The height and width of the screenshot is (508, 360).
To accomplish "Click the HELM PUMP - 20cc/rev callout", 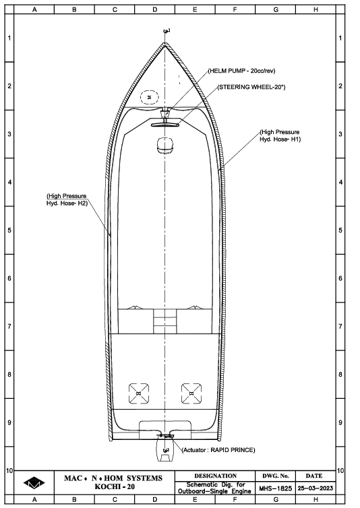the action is (241, 71).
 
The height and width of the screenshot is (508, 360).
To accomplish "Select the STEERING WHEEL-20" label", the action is (251, 87).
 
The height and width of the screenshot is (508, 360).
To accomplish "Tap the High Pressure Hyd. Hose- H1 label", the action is (280, 135).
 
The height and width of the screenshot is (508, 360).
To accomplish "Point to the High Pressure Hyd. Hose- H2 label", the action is (67, 199).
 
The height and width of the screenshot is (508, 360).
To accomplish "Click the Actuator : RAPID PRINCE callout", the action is (218, 450).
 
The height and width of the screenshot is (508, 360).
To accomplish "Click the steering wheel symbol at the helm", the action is (165, 125).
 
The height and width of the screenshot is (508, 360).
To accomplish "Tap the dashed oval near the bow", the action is (149, 97).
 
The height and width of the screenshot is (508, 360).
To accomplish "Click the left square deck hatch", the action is (139, 393).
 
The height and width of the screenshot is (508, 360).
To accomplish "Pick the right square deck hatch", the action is (191, 393).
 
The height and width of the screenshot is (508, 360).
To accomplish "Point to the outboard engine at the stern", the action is (165, 448).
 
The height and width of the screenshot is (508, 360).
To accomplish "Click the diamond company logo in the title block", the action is (34, 483).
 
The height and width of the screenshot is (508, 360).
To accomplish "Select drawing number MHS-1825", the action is (275, 488).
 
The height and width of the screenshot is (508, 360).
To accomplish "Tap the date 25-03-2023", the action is (316, 488).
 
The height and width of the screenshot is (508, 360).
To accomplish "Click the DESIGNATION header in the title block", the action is (215, 476).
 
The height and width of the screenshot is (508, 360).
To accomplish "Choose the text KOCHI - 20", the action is (115, 486).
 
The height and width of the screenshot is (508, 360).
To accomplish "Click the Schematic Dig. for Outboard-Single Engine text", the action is (214, 488).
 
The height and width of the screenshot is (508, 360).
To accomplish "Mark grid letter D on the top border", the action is (154, 9).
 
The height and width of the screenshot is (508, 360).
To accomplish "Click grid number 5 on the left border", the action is (9, 230).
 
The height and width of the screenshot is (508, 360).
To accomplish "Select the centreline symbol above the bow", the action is (167, 31).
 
